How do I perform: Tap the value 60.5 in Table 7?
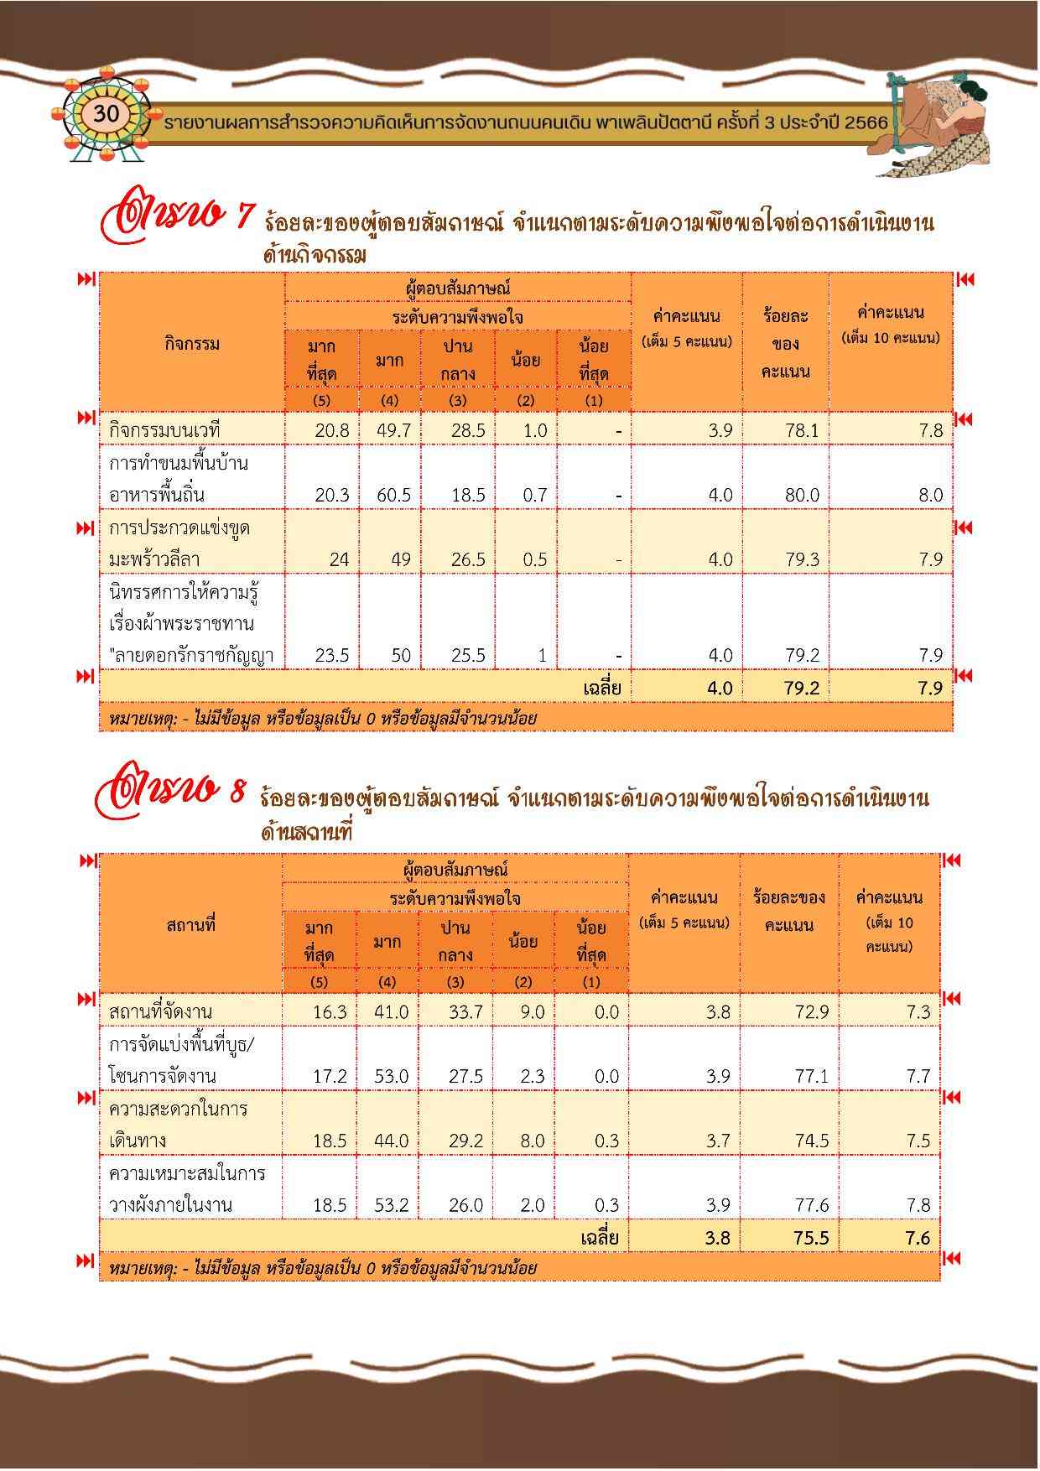(x=393, y=495)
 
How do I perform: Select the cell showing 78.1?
(x=802, y=430)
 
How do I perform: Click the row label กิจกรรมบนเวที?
(x=164, y=430)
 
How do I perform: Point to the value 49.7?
(x=393, y=430)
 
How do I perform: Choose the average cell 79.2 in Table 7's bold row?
(x=802, y=689)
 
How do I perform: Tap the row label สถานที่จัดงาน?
(x=160, y=1012)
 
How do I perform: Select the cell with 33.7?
(x=465, y=1012)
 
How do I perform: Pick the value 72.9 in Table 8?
(x=811, y=1012)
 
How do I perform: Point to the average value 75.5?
(x=811, y=1238)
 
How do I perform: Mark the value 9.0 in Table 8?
(x=532, y=1012)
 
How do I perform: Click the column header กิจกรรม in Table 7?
(x=192, y=343)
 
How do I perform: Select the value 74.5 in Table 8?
(x=811, y=1141)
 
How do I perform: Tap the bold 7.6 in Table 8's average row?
(x=918, y=1238)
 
